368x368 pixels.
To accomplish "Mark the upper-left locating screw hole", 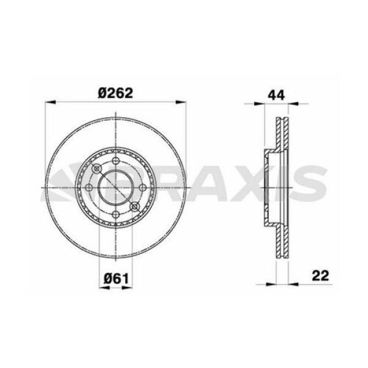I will coord(96,169).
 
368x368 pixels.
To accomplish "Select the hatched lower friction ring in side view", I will coord(282,239).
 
